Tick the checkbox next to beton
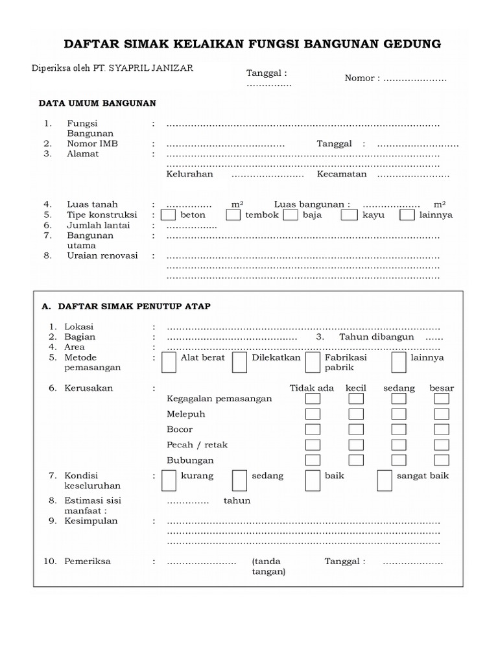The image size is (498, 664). click(x=168, y=215)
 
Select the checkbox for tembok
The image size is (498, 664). click(x=233, y=215)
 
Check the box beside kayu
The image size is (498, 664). click(x=349, y=215)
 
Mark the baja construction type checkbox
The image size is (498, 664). click(x=290, y=215)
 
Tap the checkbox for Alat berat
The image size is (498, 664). click(x=169, y=362)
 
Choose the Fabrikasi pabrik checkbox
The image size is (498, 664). click(x=312, y=362)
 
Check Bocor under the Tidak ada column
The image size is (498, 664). click(x=313, y=429)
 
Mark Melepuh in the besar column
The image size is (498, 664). click(x=442, y=414)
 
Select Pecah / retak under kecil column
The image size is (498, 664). click(x=356, y=445)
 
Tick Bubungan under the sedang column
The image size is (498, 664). click(x=399, y=460)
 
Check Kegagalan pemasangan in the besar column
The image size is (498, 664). click(x=442, y=398)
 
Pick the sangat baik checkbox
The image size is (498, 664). click(x=385, y=480)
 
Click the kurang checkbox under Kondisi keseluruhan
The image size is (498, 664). click(x=169, y=480)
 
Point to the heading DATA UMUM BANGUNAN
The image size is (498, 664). click(x=97, y=102)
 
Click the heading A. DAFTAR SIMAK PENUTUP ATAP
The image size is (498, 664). click(x=126, y=306)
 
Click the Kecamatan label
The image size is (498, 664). click(x=342, y=174)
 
